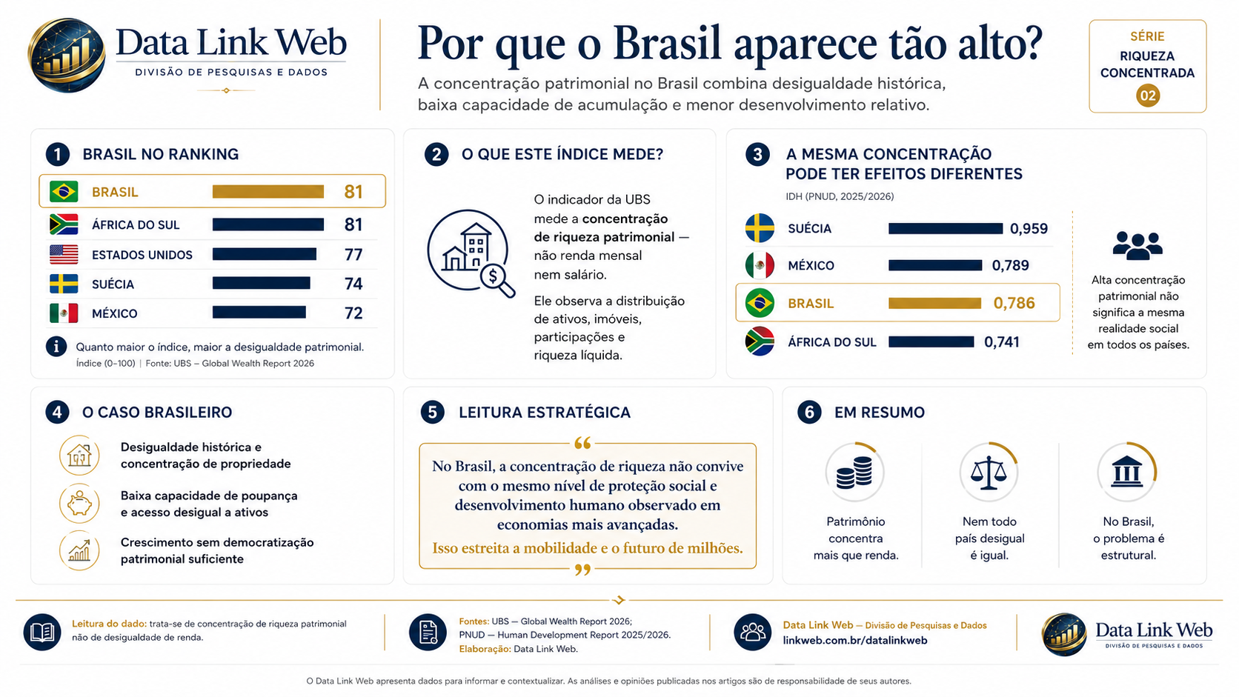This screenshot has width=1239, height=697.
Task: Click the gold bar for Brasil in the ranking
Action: click(x=268, y=191)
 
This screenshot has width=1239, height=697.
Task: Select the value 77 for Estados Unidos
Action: click(x=353, y=254)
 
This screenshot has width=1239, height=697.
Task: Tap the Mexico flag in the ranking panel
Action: click(x=64, y=313)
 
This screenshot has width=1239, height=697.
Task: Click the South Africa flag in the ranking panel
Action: click(x=64, y=224)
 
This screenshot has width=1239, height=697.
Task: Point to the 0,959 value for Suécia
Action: click(x=1029, y=228)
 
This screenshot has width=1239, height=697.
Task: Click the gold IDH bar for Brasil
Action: click(x=934, y=303)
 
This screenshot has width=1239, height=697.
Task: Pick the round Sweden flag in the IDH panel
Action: click(x=760, y=228)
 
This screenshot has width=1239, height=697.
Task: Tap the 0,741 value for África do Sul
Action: click(x=1002, y=342)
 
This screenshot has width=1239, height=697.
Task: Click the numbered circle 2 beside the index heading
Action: click(x=436, y=154)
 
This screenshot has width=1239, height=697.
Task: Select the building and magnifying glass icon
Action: click(x=471, y=253)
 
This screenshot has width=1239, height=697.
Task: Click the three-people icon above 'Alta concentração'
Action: click(x=1137, y=245)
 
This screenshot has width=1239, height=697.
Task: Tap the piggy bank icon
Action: click(x=79, y=504)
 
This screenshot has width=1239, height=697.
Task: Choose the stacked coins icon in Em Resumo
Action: click(x=854, y=473)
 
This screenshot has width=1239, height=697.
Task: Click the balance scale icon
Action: click(x=989, y=473)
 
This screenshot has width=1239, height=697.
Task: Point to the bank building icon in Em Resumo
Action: click(x=1126, y=473)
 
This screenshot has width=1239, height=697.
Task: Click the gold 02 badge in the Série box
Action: click(x=1148, y=96)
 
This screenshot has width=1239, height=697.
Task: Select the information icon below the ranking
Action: click(x=56, y=347)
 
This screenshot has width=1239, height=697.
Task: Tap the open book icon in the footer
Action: click(x=42, y=633)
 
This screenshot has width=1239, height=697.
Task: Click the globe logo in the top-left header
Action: click(x=67, y=56)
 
